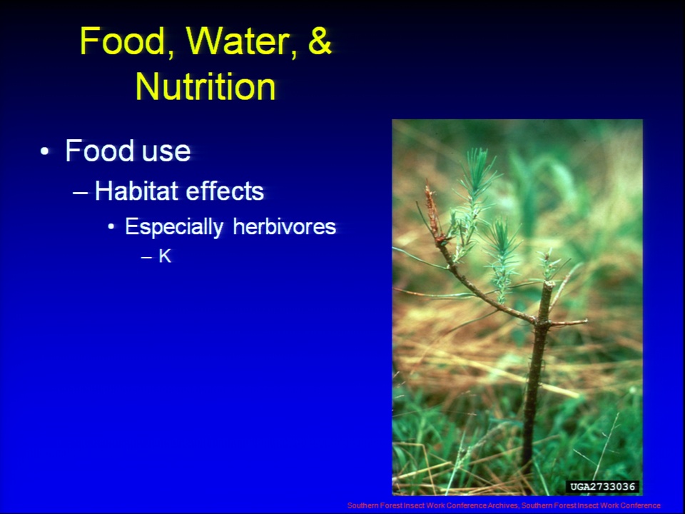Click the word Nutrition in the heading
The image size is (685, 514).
click(205, 86)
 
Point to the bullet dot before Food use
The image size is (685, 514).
click(44, 151)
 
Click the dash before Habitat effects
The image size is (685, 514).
click(80, 192)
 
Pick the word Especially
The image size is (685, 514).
click(174, 227)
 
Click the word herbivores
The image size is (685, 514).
click(285, 226)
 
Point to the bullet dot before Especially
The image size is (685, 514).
click(111, 227)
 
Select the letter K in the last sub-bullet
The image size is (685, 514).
click(165, 256)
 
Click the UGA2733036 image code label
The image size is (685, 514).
click(602, 486)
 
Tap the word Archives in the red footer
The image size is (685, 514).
click(503, 505)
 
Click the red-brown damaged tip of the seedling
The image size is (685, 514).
click(433, 212)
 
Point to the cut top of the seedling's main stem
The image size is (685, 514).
click(548, 285)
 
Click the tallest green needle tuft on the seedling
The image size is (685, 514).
click(478, 173)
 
